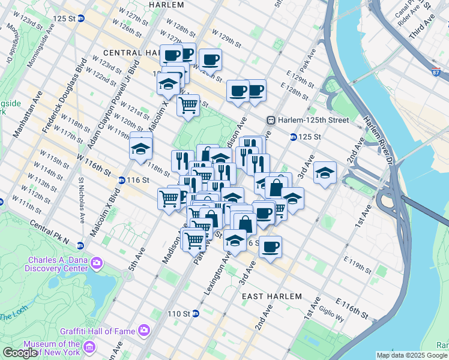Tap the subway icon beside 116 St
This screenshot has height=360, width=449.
pos(121,180)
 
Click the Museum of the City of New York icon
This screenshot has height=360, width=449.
pos(89,347)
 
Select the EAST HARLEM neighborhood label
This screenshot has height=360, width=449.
pos(270,297)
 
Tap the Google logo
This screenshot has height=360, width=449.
pos(20,353)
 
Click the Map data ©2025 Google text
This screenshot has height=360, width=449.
pos(411,355)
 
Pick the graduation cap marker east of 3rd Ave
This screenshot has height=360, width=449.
pos(325,173)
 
